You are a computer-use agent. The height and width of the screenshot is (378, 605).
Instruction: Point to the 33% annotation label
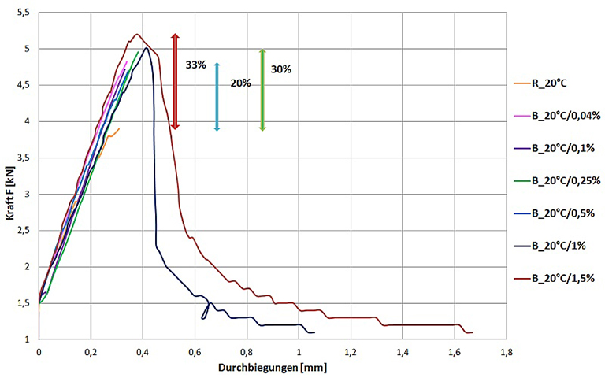(196, 65)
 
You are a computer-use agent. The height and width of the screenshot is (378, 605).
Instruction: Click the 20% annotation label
(240, 83)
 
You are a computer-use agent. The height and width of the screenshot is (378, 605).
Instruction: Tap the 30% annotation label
(280, 69)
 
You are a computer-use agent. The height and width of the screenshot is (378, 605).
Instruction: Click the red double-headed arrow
(176, 81)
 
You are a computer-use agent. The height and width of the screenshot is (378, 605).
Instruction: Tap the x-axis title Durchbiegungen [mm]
(273, 366)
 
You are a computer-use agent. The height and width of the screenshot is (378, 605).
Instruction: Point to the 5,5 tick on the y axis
(23, 13)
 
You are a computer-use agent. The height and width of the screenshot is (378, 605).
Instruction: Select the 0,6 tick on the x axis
(195, 351)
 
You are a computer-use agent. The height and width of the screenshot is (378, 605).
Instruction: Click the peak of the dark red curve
(137, 34)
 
